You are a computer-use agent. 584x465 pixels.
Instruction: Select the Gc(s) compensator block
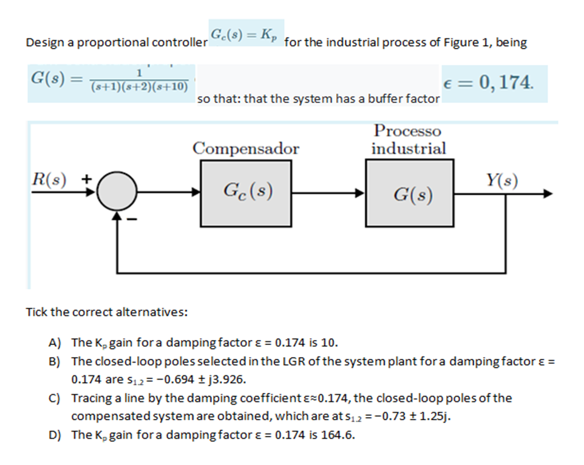coord(246,193)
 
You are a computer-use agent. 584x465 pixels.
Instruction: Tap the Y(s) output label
coord(501,180)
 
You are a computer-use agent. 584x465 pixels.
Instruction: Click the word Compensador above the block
coord(246,149)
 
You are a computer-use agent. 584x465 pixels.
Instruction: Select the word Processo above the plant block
coord(408,131)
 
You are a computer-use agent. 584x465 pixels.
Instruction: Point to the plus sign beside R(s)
coord(87,179)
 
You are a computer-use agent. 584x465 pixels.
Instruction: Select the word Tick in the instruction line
coord(36,312)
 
